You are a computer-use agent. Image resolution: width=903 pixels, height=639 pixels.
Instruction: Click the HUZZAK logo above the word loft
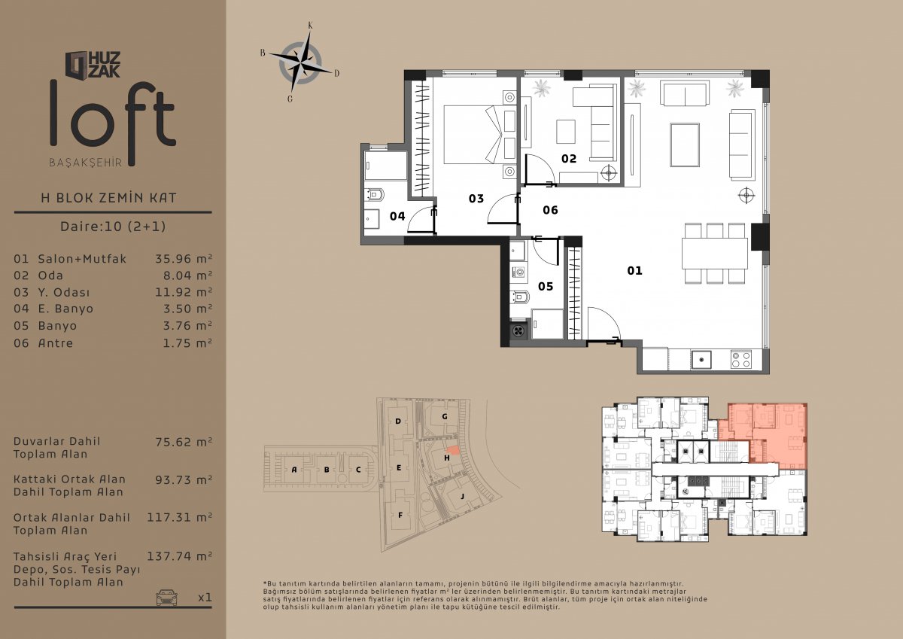click(x=93, y=65)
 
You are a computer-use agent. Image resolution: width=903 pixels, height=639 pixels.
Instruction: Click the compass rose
click(x=300, y=63)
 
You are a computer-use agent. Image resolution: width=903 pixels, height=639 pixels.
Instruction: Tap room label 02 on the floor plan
click(x=569, y=159)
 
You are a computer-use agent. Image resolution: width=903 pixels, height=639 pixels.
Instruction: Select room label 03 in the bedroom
click(x=476, y=199)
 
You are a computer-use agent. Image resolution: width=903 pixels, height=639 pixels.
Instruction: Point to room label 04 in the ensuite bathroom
click(x=397, y=217)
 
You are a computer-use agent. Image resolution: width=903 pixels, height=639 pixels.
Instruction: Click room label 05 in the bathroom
click(x=546, y=287)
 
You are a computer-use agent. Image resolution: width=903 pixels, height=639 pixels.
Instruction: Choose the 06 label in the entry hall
click(x=550, y=210)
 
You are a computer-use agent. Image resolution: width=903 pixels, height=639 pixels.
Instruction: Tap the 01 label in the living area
click(x=634, y=271)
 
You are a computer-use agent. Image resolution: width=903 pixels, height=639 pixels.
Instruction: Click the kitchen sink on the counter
click(x=701, y=360)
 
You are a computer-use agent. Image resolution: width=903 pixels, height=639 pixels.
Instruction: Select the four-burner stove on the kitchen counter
click(x=741, y=360)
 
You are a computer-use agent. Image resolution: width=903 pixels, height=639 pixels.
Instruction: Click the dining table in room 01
click(x=715, y=254)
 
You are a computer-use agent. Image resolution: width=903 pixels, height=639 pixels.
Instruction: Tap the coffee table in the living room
click(x=685, y=145)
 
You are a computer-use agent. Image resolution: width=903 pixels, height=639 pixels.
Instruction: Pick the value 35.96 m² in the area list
click(x=184, y=259)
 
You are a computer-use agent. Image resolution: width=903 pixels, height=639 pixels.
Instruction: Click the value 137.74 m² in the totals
click(x=180, y=556)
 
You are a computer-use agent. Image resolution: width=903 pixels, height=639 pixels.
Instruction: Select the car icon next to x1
click(x=166, y=598)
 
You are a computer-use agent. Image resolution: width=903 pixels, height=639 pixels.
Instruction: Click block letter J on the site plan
click(x=462, y=496)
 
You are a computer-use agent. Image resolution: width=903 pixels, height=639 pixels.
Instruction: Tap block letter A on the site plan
click(x=294, y=470)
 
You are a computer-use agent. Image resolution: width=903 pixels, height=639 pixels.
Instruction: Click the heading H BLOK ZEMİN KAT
click(x=109, y=198)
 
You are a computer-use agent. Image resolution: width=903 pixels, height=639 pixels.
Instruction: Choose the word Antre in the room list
click(x=56, y=343)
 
